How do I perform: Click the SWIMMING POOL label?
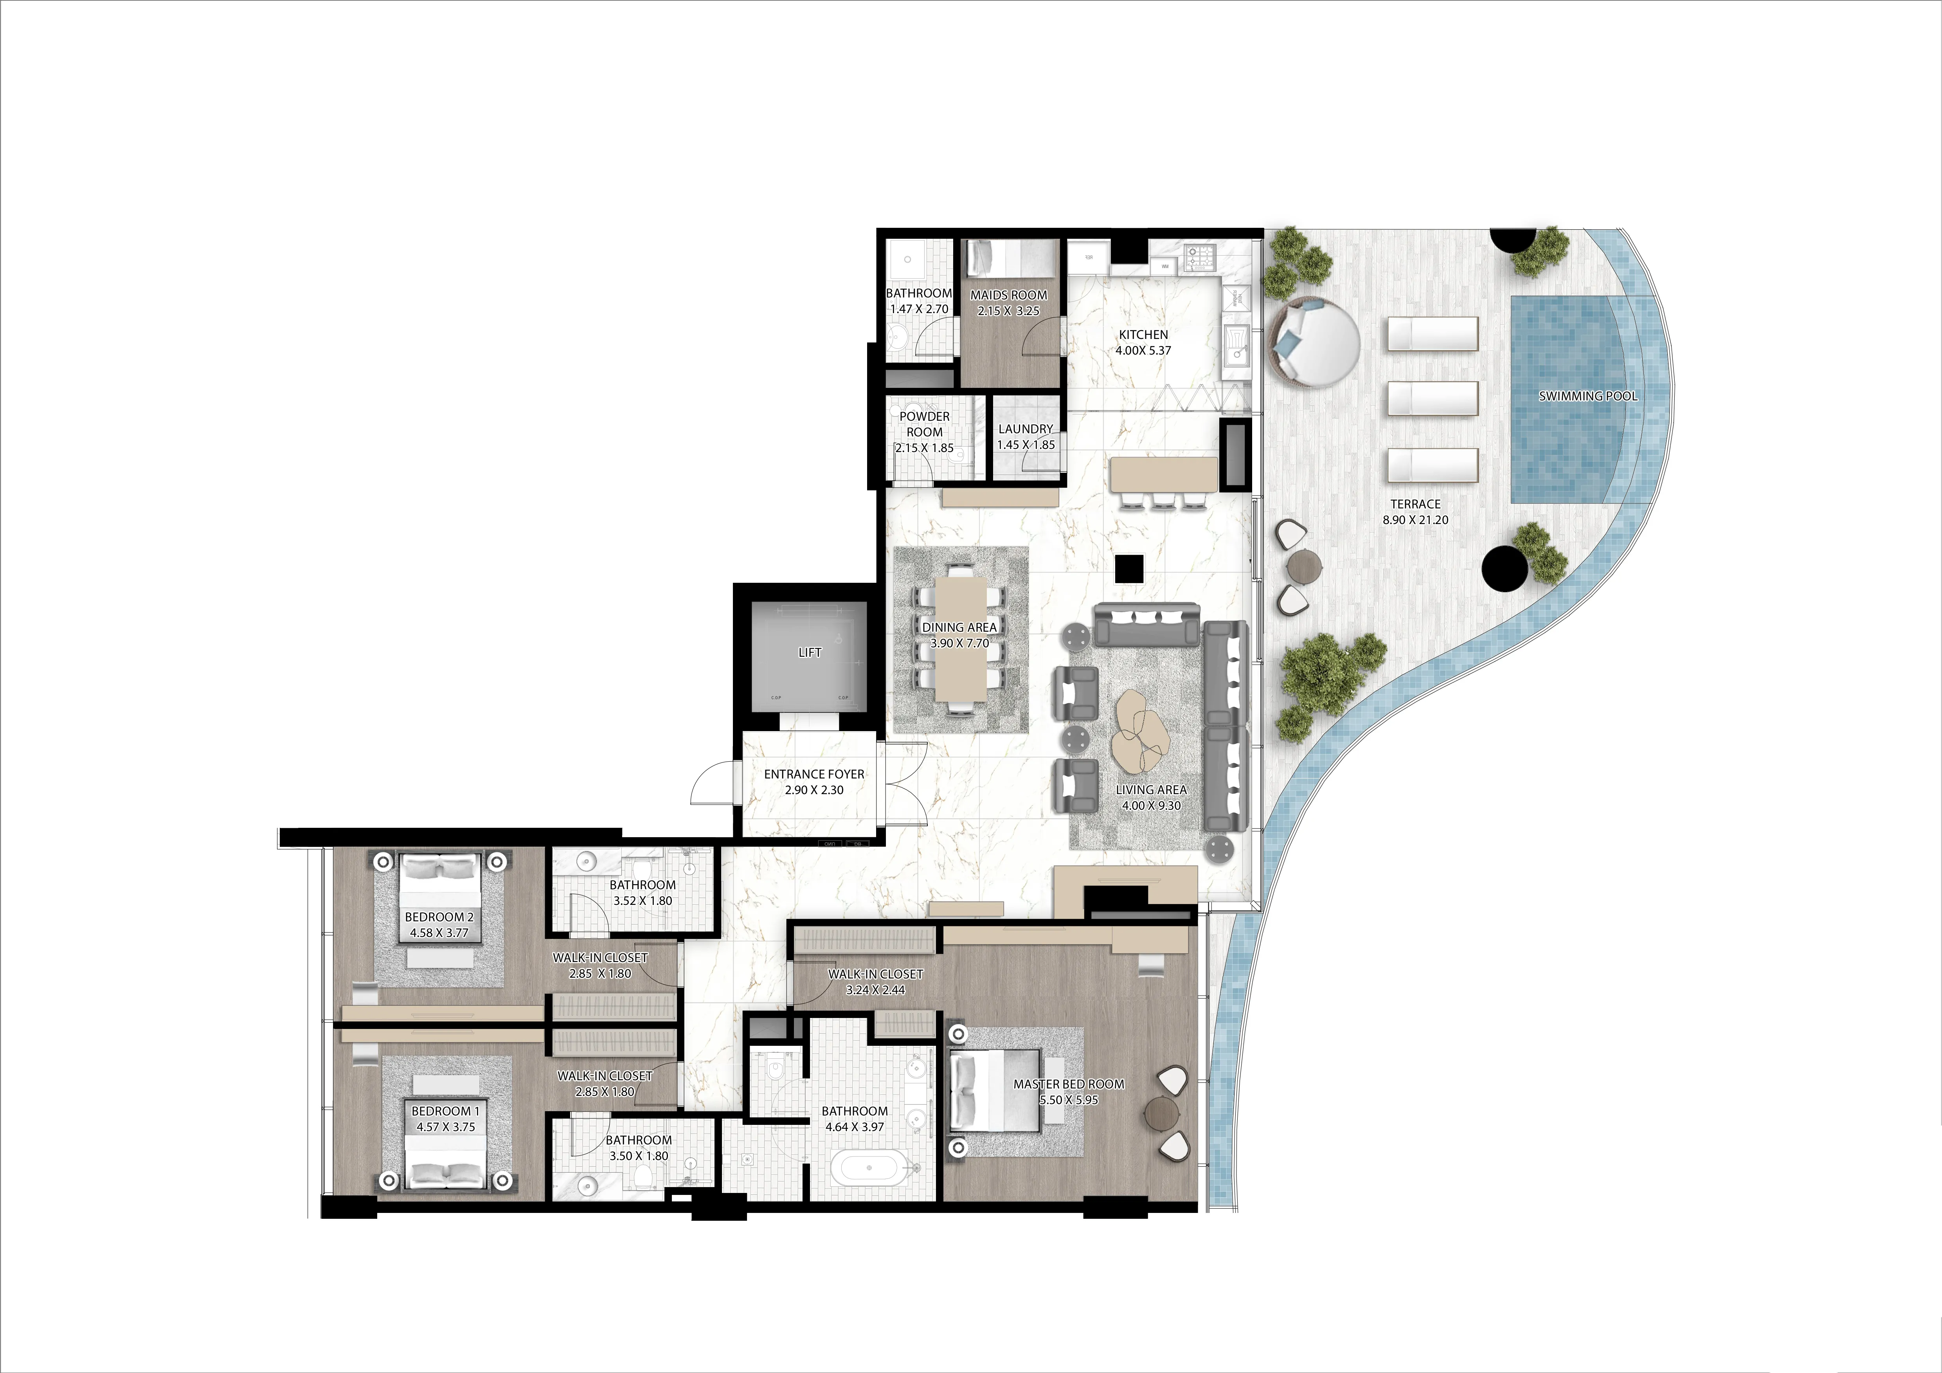point(1587,396)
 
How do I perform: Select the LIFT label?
point(810,652)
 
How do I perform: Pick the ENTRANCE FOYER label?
point(814,774)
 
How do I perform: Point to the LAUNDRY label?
point(1025,429)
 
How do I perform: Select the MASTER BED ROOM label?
point(1068,1084)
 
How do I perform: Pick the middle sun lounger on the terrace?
point(1433,398)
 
